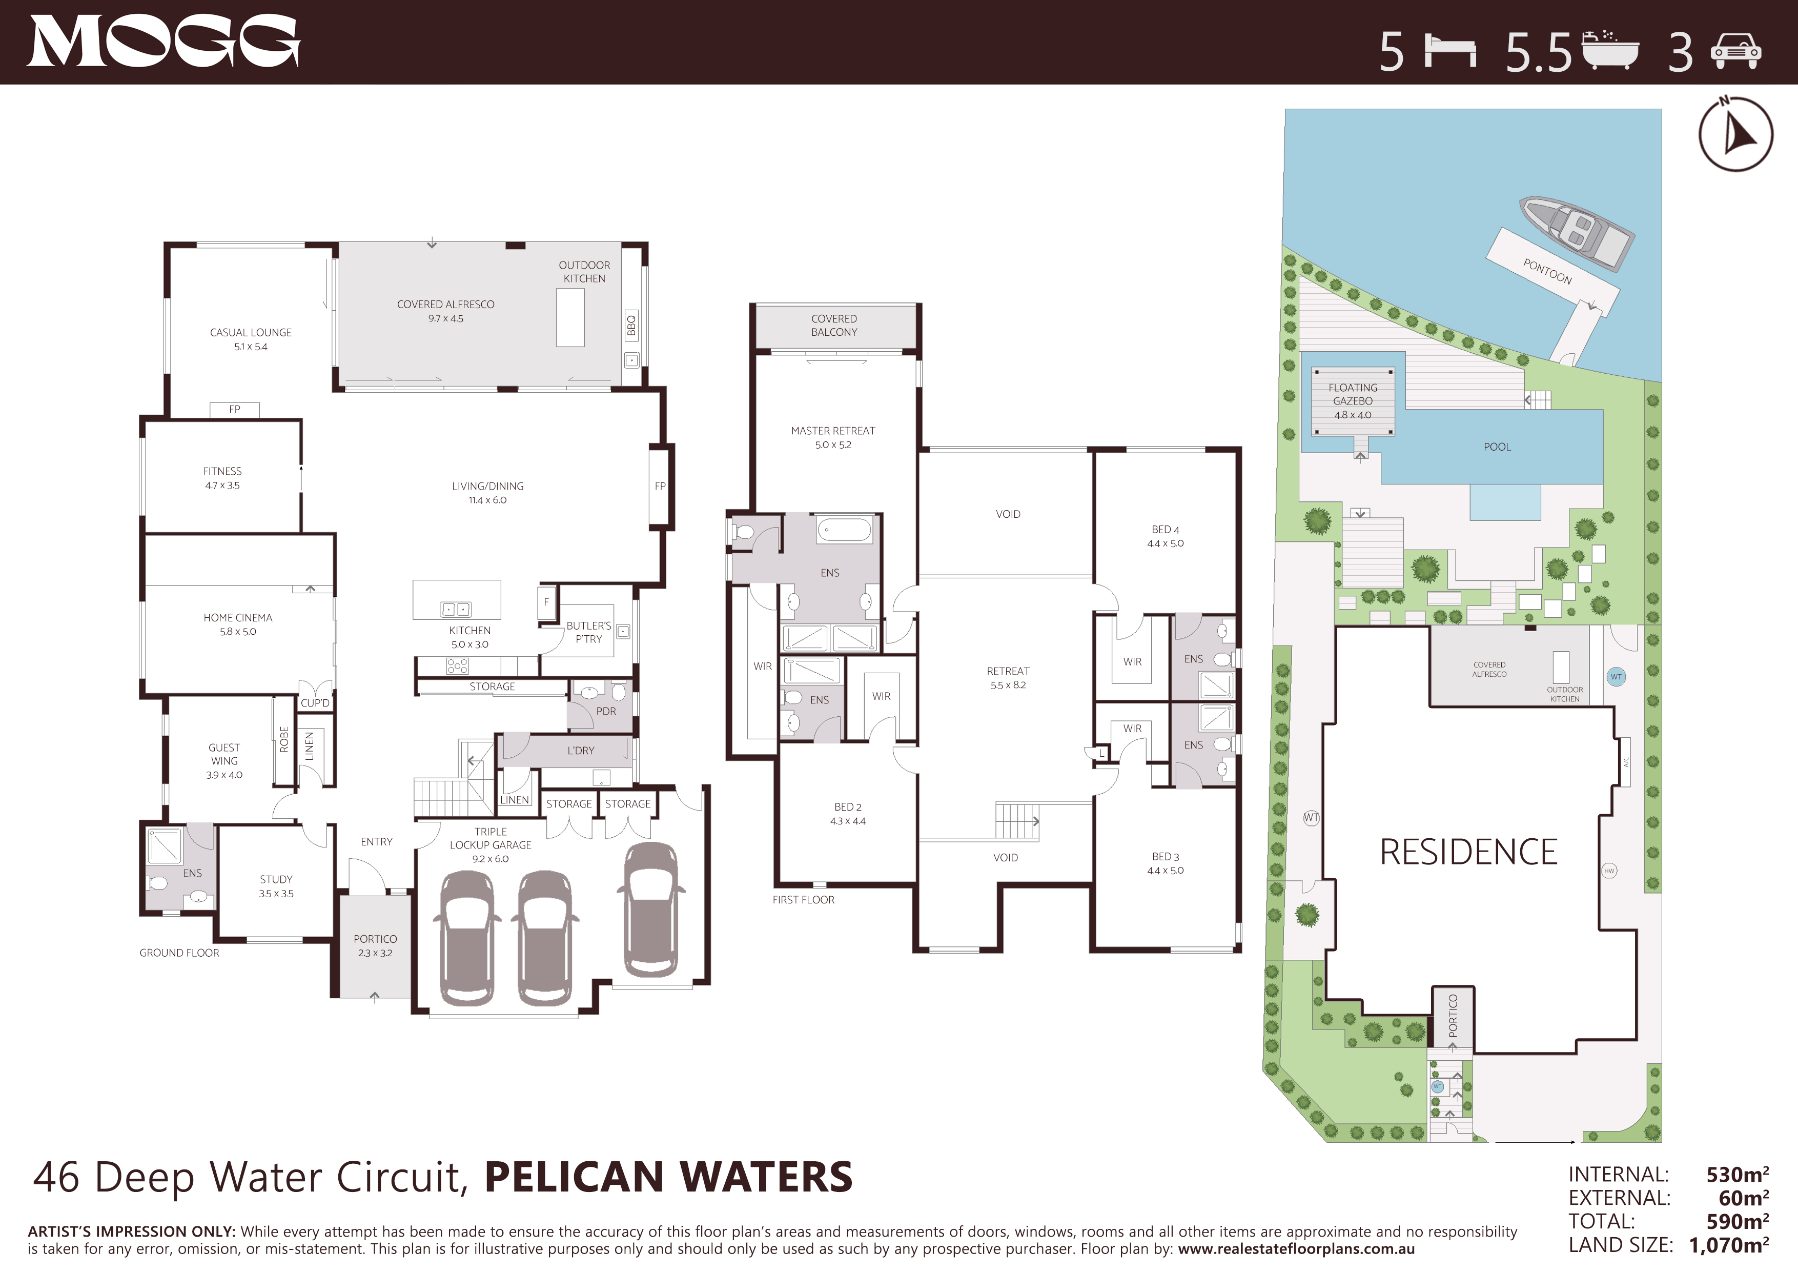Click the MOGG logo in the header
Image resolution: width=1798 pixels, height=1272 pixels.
[164, 42]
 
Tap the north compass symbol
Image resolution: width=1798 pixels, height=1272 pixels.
[1735, 133]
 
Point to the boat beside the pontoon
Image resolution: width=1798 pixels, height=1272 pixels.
[1577, 233]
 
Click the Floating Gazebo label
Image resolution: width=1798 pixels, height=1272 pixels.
[1353, 401]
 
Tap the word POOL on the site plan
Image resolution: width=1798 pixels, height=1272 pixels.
[1497, 447]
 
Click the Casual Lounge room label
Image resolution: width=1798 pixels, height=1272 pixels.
[251, 339]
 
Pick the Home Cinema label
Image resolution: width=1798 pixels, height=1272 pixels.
[238, 624]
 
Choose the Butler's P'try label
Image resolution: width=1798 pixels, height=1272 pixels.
[589, 632]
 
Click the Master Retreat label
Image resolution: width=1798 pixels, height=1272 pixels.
[833, 437]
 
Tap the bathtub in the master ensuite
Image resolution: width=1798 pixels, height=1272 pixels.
[844, 530]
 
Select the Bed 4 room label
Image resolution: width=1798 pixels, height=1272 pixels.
[1165, 536]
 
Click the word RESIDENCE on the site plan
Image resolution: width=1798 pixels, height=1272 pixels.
[1468, 852]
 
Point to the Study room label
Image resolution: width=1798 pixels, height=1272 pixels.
[276, 886]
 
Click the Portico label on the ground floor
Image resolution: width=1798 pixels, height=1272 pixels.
[375, 945]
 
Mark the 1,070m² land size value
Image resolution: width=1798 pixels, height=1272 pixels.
[1729, 1245]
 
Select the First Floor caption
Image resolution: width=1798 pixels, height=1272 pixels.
[804, 900]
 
